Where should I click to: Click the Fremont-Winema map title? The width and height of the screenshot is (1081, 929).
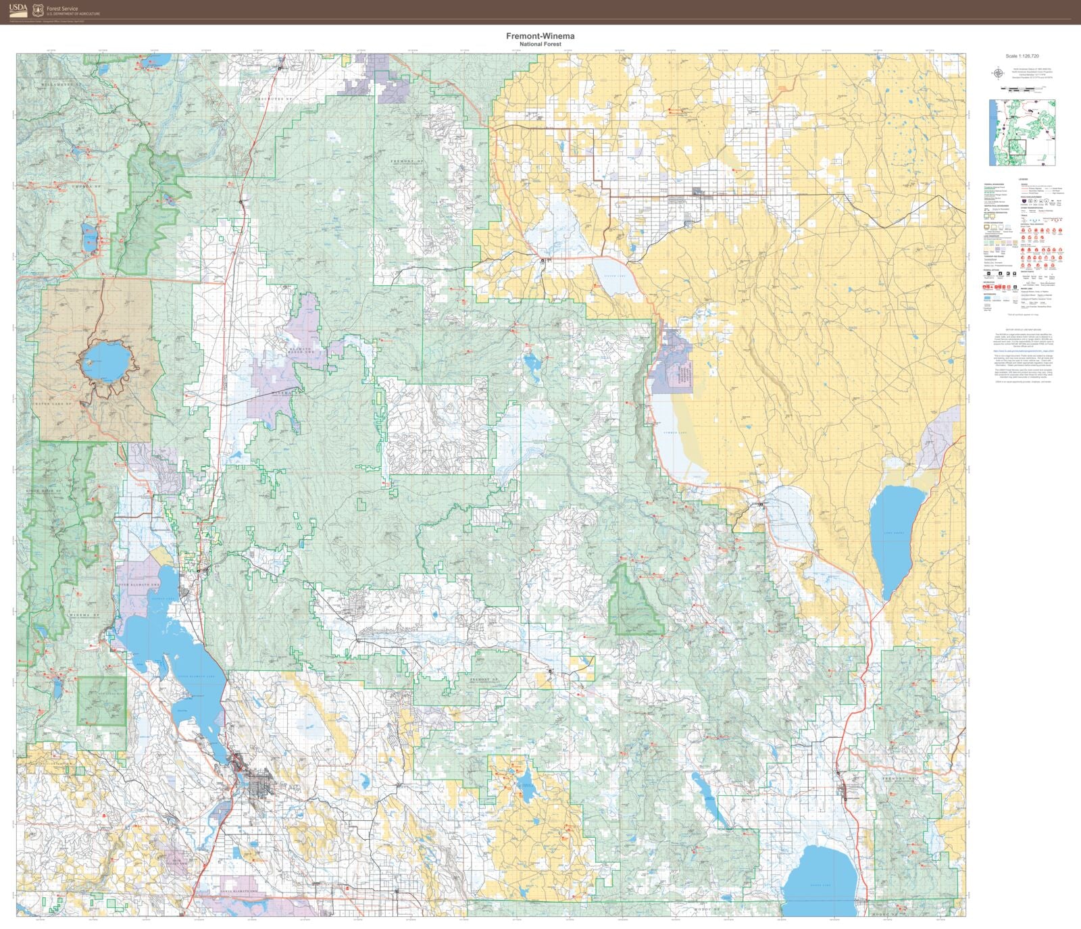(x=540, y=36)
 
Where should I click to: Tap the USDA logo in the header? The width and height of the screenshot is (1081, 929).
(x=19, y=9)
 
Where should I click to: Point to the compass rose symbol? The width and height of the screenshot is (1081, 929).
(x=998, y=73)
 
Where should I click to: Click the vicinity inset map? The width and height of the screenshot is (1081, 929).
(x=1022, y=132)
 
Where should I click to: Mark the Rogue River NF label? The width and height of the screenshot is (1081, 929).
(x=48, y=491)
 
